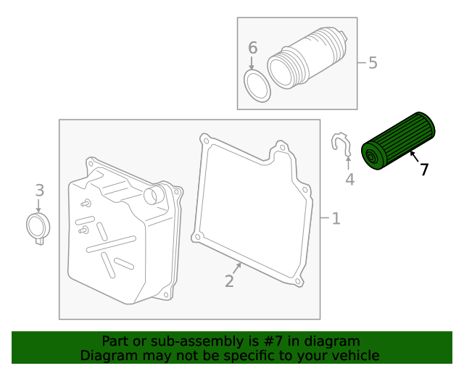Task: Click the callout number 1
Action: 336,218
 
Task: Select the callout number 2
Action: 229,281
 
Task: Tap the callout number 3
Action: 40,191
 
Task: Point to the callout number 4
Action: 350,179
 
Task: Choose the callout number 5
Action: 373,63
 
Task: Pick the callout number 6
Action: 252,49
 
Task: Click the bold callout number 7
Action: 423,170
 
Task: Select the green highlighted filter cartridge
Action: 398,142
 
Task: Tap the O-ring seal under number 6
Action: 257,86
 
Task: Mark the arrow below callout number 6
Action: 252,64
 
